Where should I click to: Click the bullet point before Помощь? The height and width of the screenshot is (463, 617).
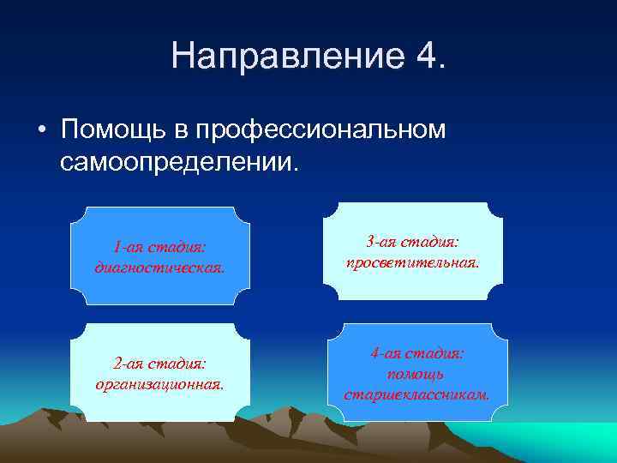coord(41,130)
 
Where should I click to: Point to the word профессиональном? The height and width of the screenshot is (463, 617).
coord(321,129)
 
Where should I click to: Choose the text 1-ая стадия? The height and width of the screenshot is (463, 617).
coord(159,248)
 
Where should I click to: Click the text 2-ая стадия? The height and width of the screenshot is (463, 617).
coord(159,364)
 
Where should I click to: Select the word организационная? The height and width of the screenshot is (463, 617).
coord(159,383)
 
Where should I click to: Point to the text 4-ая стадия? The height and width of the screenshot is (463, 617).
coord(417,353)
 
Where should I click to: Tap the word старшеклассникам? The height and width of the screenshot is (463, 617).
coord(417,394)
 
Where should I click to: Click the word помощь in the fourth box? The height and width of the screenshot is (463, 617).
coord(417,374)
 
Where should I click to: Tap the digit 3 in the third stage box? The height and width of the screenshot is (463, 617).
coord(370,243)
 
